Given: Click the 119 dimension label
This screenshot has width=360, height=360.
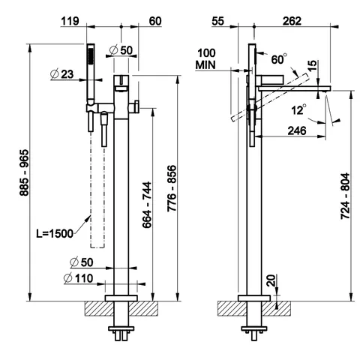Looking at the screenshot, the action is point(70,21).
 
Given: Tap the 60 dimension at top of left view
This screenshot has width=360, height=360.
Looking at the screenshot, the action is point(155,21).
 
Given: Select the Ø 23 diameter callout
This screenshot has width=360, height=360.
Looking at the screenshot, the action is point(62,74).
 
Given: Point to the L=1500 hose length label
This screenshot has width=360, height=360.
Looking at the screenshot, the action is point(55,234).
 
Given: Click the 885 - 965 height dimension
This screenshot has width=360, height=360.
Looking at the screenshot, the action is point(25,172).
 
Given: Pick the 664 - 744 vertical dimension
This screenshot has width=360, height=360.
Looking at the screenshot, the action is point(147,205).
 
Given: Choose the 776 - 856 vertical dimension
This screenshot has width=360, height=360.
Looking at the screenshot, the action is point(172,188).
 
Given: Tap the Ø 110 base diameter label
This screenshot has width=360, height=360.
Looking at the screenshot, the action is point(78,278).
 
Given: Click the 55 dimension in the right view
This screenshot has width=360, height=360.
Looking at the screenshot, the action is point(217,21).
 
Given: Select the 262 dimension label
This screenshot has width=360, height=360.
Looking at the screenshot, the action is point(292,21).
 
